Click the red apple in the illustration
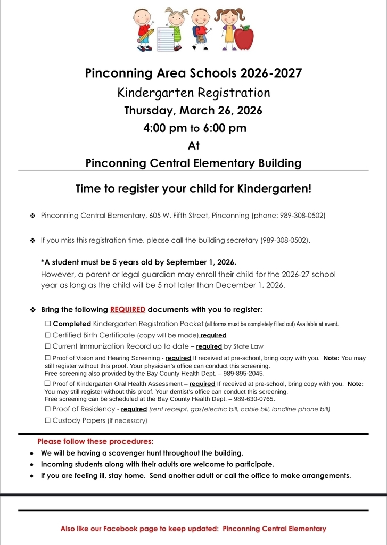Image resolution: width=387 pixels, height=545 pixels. click(244, 38)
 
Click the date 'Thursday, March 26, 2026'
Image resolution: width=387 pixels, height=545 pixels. click(193, 111)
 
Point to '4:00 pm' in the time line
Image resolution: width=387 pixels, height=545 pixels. click(163, 128)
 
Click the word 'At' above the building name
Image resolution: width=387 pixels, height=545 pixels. click(193, 145)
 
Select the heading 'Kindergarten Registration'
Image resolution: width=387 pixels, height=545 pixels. click(193, 93)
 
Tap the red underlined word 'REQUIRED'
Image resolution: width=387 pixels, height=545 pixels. click(128, 310)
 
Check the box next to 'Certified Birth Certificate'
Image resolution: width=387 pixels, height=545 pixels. click(47, 335)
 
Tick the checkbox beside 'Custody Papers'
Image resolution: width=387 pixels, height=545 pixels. click(47, 420)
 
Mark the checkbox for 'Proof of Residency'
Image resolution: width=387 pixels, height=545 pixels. click(47, 409)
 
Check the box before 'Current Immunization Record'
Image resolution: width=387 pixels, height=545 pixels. click(47, 346)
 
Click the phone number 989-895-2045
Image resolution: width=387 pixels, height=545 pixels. click(243, 374)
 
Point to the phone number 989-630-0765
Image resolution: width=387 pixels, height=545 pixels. click(254, 399)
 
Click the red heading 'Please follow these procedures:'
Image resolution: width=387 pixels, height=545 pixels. click(95, 442)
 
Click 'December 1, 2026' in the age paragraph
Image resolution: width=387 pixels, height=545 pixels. click(252, 285)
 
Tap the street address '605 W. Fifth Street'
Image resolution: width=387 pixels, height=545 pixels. click(179, 216)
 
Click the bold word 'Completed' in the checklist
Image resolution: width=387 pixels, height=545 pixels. click(72, 324)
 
